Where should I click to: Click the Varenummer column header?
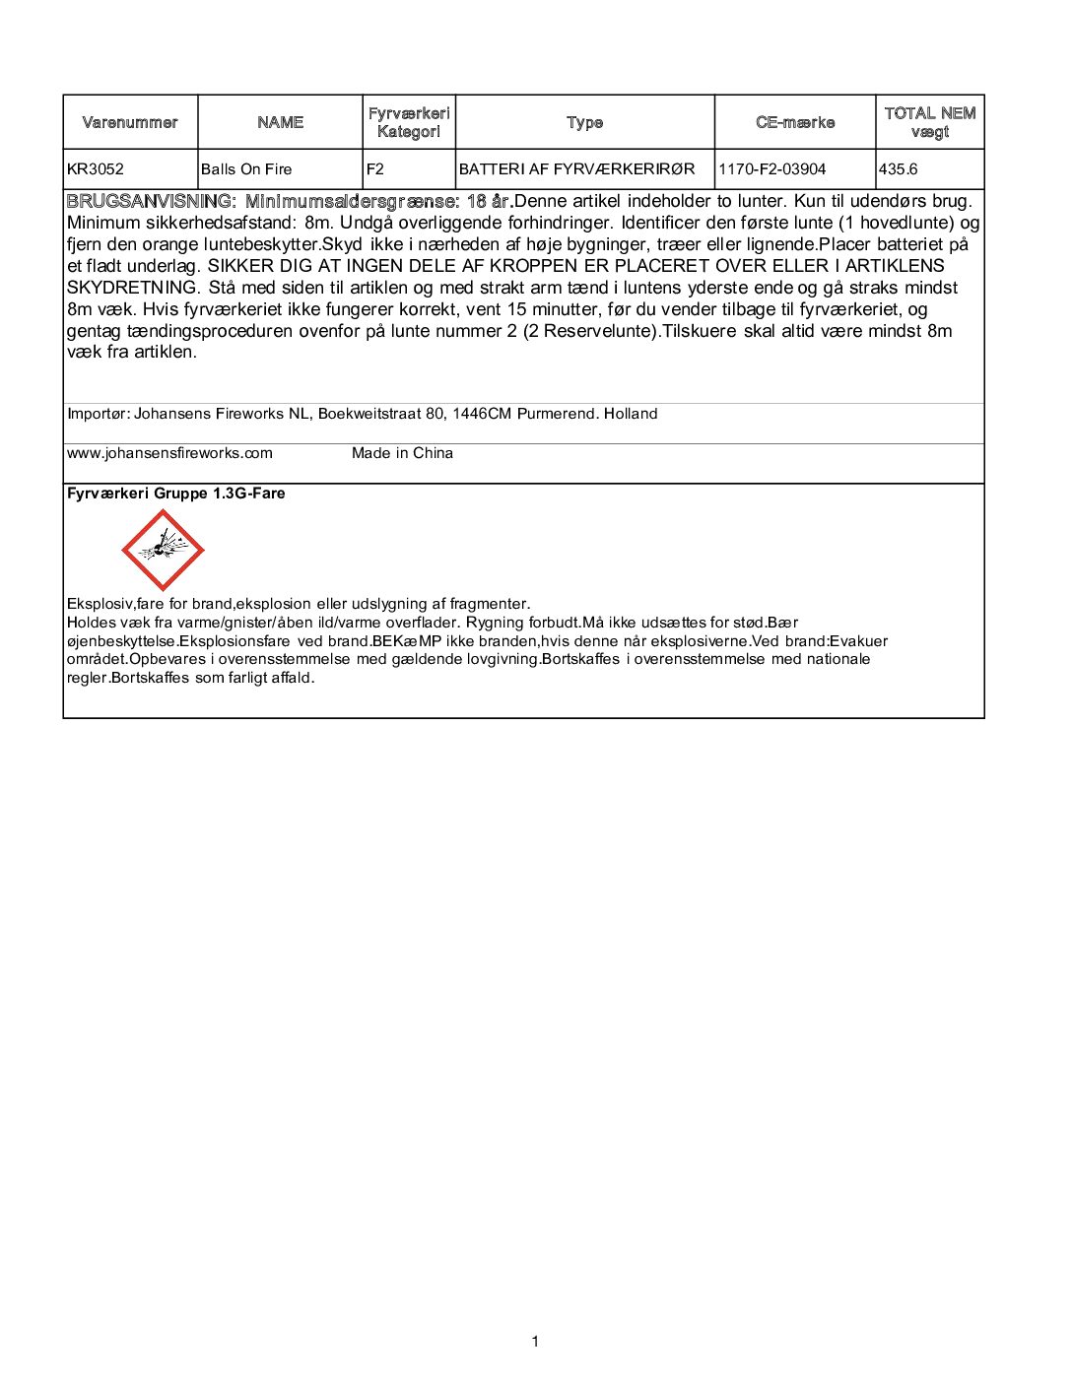pos(130,122)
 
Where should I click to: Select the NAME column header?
pos(281,122)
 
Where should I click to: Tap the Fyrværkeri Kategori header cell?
pos(409,122)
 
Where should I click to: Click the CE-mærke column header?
pos(795,122)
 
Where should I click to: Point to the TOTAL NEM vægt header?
pos(929,122)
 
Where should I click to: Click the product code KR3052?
pos(96,169)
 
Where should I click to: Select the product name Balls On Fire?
pos(246,169)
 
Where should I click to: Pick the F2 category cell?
pos(375,169)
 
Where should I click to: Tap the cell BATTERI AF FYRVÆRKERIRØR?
pos(577,169)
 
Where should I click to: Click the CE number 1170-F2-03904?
pos(772,169)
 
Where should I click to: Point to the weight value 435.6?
pos(899,169)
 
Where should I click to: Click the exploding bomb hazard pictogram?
pos(163,550)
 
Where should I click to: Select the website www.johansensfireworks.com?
pos(169,453)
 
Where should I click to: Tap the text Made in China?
pos(402,453)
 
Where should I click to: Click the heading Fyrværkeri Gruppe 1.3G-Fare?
pos(176,494)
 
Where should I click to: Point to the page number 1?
pos(535,1341)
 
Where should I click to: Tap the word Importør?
pos(97,414)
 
